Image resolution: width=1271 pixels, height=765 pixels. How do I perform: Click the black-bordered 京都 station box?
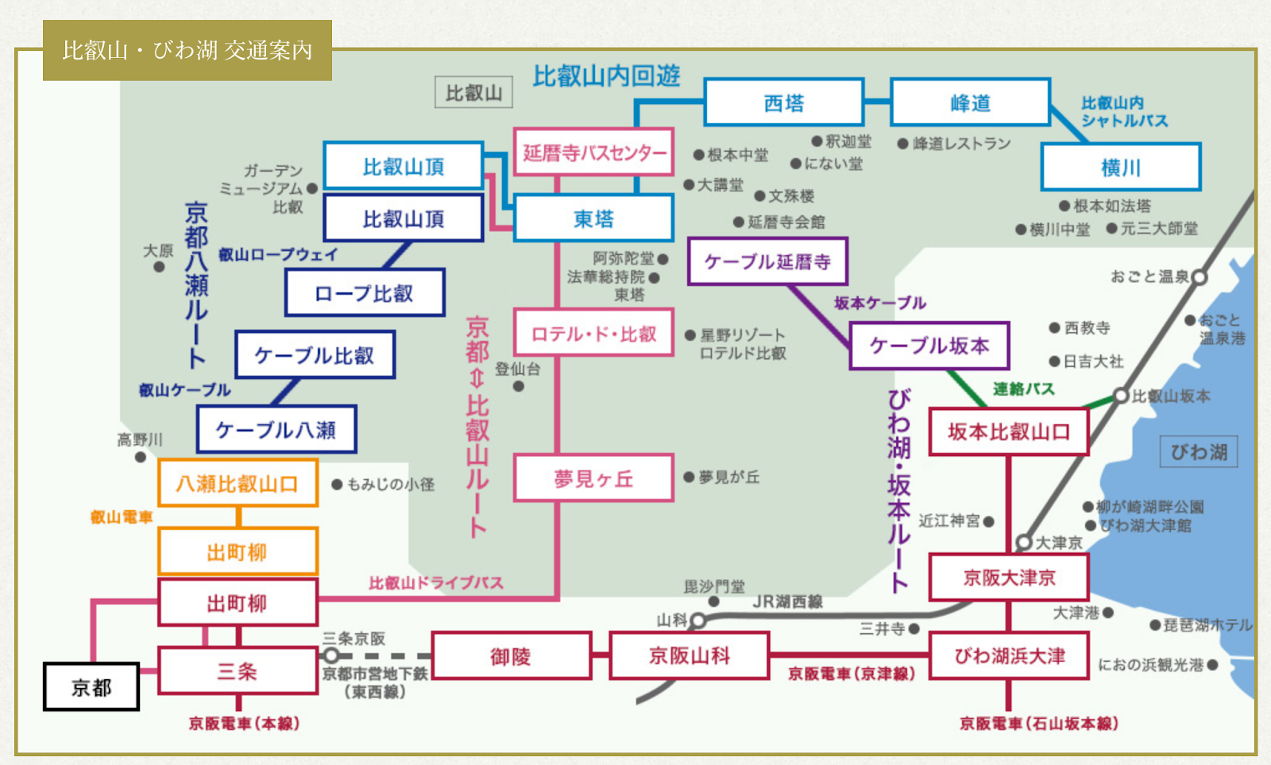tap(91, 687)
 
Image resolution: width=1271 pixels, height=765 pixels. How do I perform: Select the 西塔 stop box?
tap(783, 103)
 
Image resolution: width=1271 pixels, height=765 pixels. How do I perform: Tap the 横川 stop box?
tap(1120, 168)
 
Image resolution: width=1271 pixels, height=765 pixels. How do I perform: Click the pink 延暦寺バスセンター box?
tap(593, 153)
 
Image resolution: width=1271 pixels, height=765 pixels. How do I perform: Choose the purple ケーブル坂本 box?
tap(929, 346)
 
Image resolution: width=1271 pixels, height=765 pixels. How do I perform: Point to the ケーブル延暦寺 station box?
tap(767, 261)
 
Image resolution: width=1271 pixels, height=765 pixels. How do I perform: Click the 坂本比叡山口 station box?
tap(1008, 432)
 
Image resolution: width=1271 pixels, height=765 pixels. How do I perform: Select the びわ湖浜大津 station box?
tap(1009, 656)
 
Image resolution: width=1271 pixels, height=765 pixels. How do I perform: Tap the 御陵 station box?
tap(511, 656)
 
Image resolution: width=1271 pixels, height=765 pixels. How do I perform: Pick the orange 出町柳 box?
tap(238, 551)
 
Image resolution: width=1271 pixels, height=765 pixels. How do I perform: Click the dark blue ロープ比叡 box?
tap(365, 293)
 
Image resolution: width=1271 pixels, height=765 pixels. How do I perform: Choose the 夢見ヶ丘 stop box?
tap(593, 478)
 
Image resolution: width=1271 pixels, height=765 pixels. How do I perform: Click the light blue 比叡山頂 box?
tap(404, 166)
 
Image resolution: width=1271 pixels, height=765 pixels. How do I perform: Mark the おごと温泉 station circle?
tap(1200, 277)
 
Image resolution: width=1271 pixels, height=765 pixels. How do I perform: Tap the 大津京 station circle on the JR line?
tap(1025, 543)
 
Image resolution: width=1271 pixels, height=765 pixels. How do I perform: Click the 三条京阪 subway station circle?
tap(331, 655)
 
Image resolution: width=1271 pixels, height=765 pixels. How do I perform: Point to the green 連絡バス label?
tap(1023, 389)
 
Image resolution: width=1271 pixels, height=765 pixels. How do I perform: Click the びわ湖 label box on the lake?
tap(1199, 452)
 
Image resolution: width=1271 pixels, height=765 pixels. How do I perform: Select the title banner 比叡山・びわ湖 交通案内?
tap(187, 51)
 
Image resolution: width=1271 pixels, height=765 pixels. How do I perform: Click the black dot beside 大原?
tap(159, 267)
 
